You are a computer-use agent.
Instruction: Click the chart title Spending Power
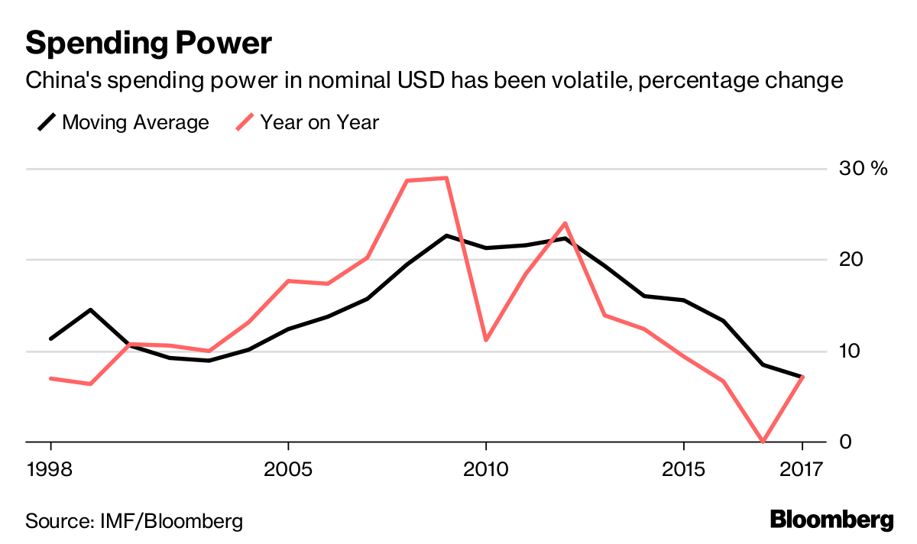[148, 44]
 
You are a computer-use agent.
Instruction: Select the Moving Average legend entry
[123, 122]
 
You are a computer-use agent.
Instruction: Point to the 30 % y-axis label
[863, 169]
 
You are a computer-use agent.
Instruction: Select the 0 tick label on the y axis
[844, 442]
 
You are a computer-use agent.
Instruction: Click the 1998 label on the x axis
[51, 467]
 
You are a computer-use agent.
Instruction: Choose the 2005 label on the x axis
[287, 467]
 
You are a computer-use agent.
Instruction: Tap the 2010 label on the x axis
[485, 467]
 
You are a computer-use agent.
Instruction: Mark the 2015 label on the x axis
[683, 467]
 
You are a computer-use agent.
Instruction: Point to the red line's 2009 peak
[446, 178]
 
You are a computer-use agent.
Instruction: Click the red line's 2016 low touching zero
[763, 442]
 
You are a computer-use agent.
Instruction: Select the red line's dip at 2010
[486, 339]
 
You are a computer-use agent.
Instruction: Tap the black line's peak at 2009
[446, 235]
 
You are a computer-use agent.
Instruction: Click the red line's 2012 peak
[565, 223]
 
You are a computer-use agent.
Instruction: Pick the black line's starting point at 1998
[51, 338]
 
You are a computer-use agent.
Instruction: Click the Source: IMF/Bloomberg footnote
[134, 522]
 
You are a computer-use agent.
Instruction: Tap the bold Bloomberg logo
[831, 520]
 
